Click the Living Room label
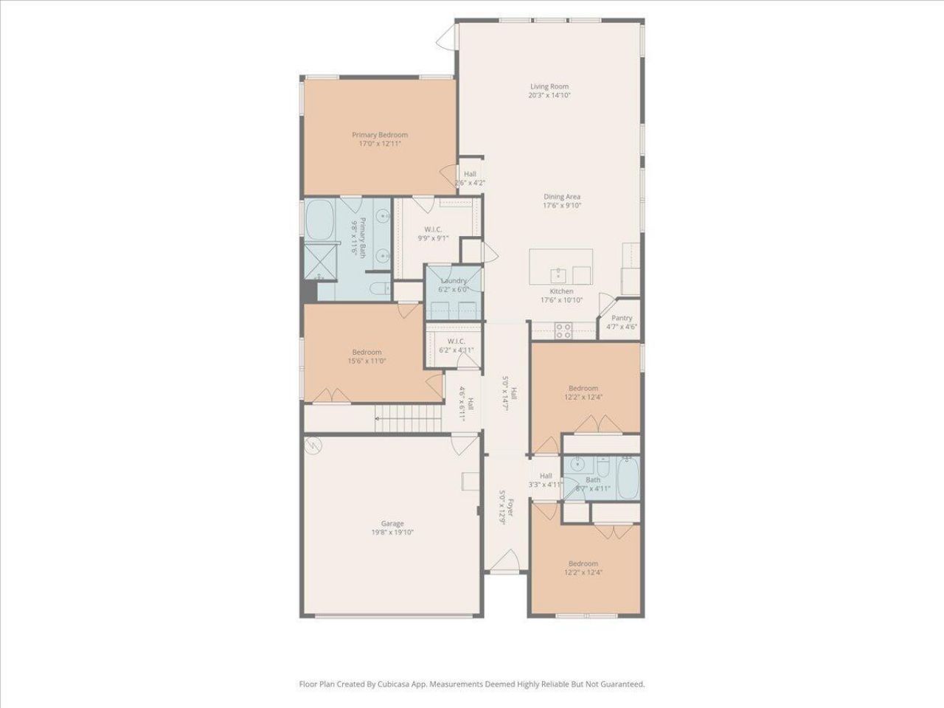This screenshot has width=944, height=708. [x=549, y=86]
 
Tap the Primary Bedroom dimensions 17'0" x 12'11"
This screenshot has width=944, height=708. [x=379, y=144]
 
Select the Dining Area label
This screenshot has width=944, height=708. [x=562, y=197]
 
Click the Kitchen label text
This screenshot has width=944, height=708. [x=561, y=291]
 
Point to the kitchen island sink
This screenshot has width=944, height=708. [x=558, y=275]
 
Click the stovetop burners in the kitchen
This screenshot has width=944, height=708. [x=563, y=330]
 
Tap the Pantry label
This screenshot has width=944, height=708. [x=622, y=318]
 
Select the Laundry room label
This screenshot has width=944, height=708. [x=454, y=281]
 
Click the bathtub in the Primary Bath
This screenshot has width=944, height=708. [x=319, y=219]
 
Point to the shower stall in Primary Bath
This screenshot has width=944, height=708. [x=318, y=261]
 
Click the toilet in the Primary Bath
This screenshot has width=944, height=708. [x=380, y=288]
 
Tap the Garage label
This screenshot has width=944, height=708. [x=392, y=524]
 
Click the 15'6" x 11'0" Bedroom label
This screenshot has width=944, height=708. [x=367, y=352]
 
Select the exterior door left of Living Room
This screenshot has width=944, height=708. [x=447, y=32]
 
